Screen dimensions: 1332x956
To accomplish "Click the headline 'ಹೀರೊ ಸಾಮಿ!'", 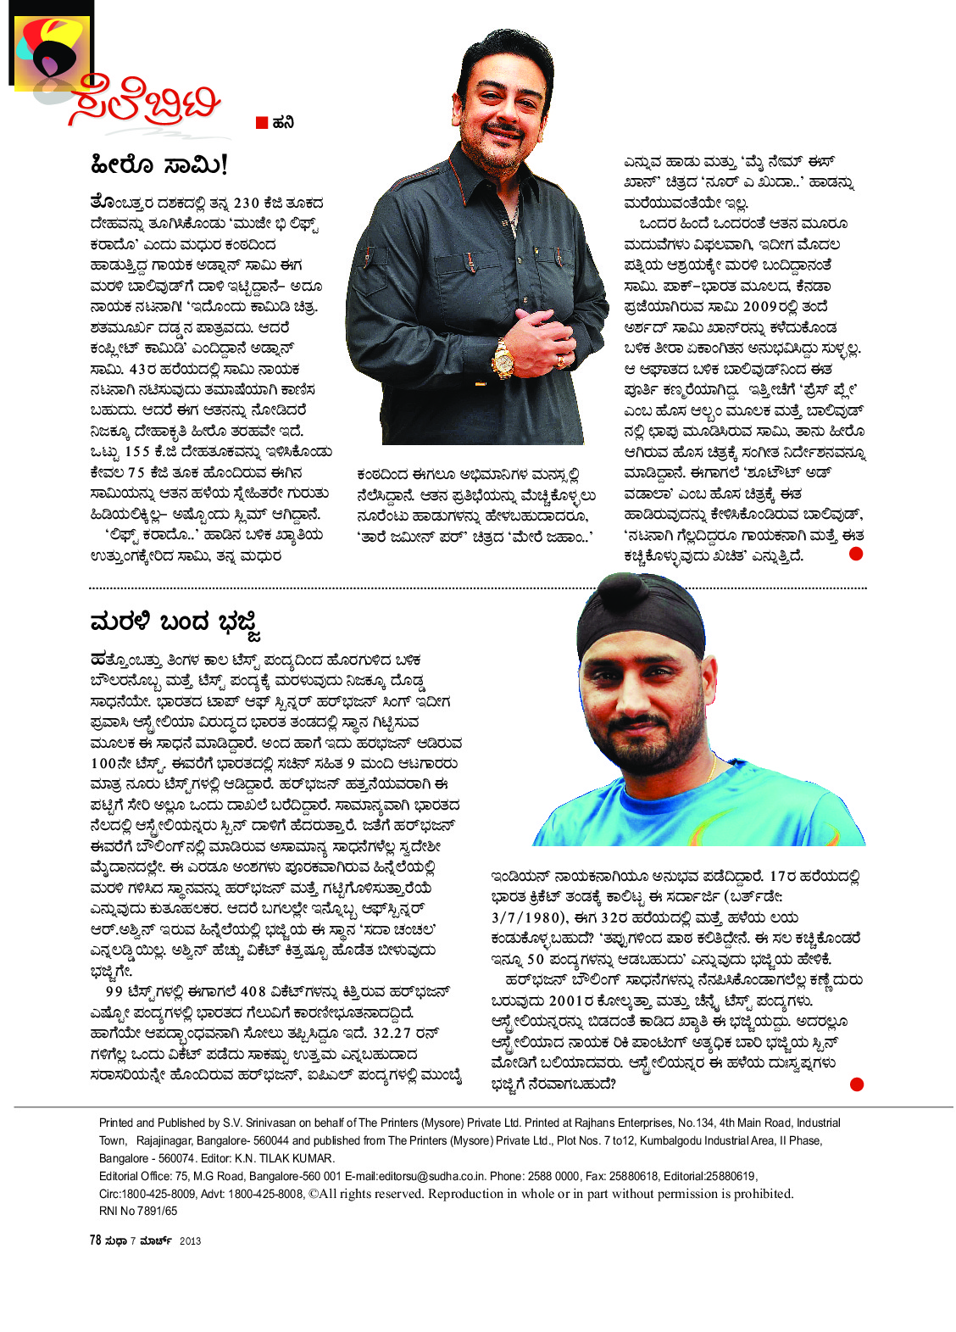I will tap(158, 164).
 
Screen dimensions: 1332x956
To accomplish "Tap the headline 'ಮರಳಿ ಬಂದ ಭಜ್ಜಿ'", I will tap(175, 624).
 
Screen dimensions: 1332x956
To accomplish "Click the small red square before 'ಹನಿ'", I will tap(262, 123).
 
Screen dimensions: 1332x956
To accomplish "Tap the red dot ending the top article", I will tap(856, 554).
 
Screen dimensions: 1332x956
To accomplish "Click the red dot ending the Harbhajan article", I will tap(856, 1084).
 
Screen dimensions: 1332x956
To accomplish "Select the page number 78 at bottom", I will tap(95, 1240).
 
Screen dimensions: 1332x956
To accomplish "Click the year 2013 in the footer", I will tap(190, 1241).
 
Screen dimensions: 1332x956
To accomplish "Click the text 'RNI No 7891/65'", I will tap(138, 1212).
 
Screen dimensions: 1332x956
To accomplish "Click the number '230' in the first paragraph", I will tap(246, 203).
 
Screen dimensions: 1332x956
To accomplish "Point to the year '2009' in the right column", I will tap(759, 306).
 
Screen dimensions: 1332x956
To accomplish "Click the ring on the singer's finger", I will tap(561, 362).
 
